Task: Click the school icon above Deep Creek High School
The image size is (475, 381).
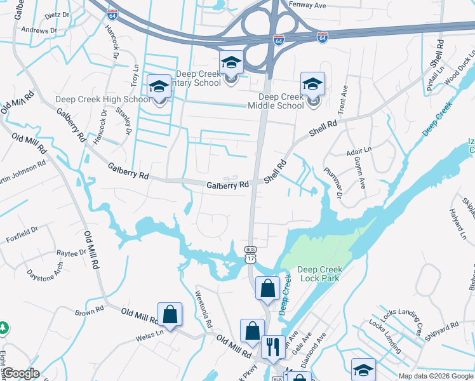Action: pyautogui.click(x=159, y=86)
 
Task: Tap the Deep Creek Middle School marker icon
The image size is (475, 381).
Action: pyautogui.click(x=312, y=84)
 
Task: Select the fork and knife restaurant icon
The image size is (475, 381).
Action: pyautogui.click(x=273, y=347)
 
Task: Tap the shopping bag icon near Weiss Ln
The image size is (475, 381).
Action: pyautogui.click(x=170, y=314)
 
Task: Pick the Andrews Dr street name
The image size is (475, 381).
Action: pyautogui.click(x=39, y=30)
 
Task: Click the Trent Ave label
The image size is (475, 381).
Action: pyautogui.click(x=343, y=100)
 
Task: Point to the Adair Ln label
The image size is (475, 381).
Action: pyautogui.click(x=359, y=152)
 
